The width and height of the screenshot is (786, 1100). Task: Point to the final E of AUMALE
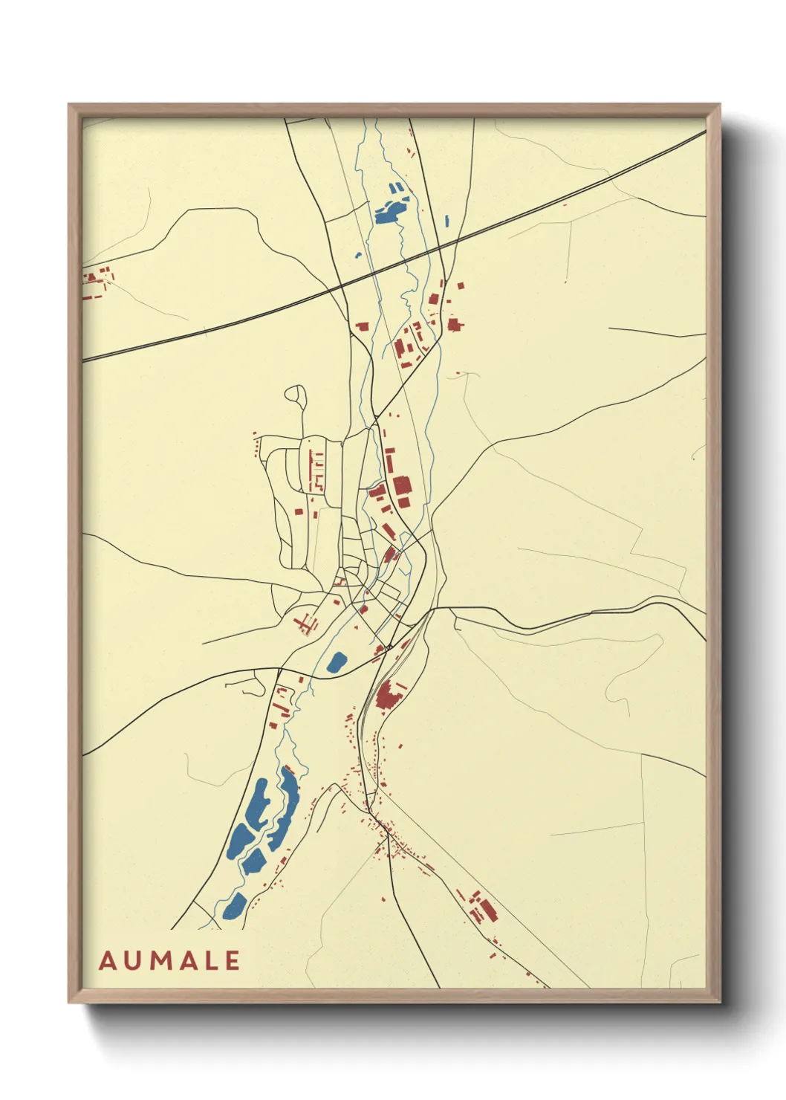(232, 960)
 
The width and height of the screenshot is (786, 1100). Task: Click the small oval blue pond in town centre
(337, 661)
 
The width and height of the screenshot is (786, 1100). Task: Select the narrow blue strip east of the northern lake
(446, 221)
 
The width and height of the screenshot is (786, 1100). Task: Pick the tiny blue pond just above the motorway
(358, 255)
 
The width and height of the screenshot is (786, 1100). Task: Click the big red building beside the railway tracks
(388, 696)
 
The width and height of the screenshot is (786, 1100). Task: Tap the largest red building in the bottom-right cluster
(486, 910)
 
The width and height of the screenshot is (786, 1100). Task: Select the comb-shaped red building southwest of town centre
(304, 623)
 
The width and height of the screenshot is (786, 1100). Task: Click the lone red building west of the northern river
(363, 326)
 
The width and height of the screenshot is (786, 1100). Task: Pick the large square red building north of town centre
(402, 486)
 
